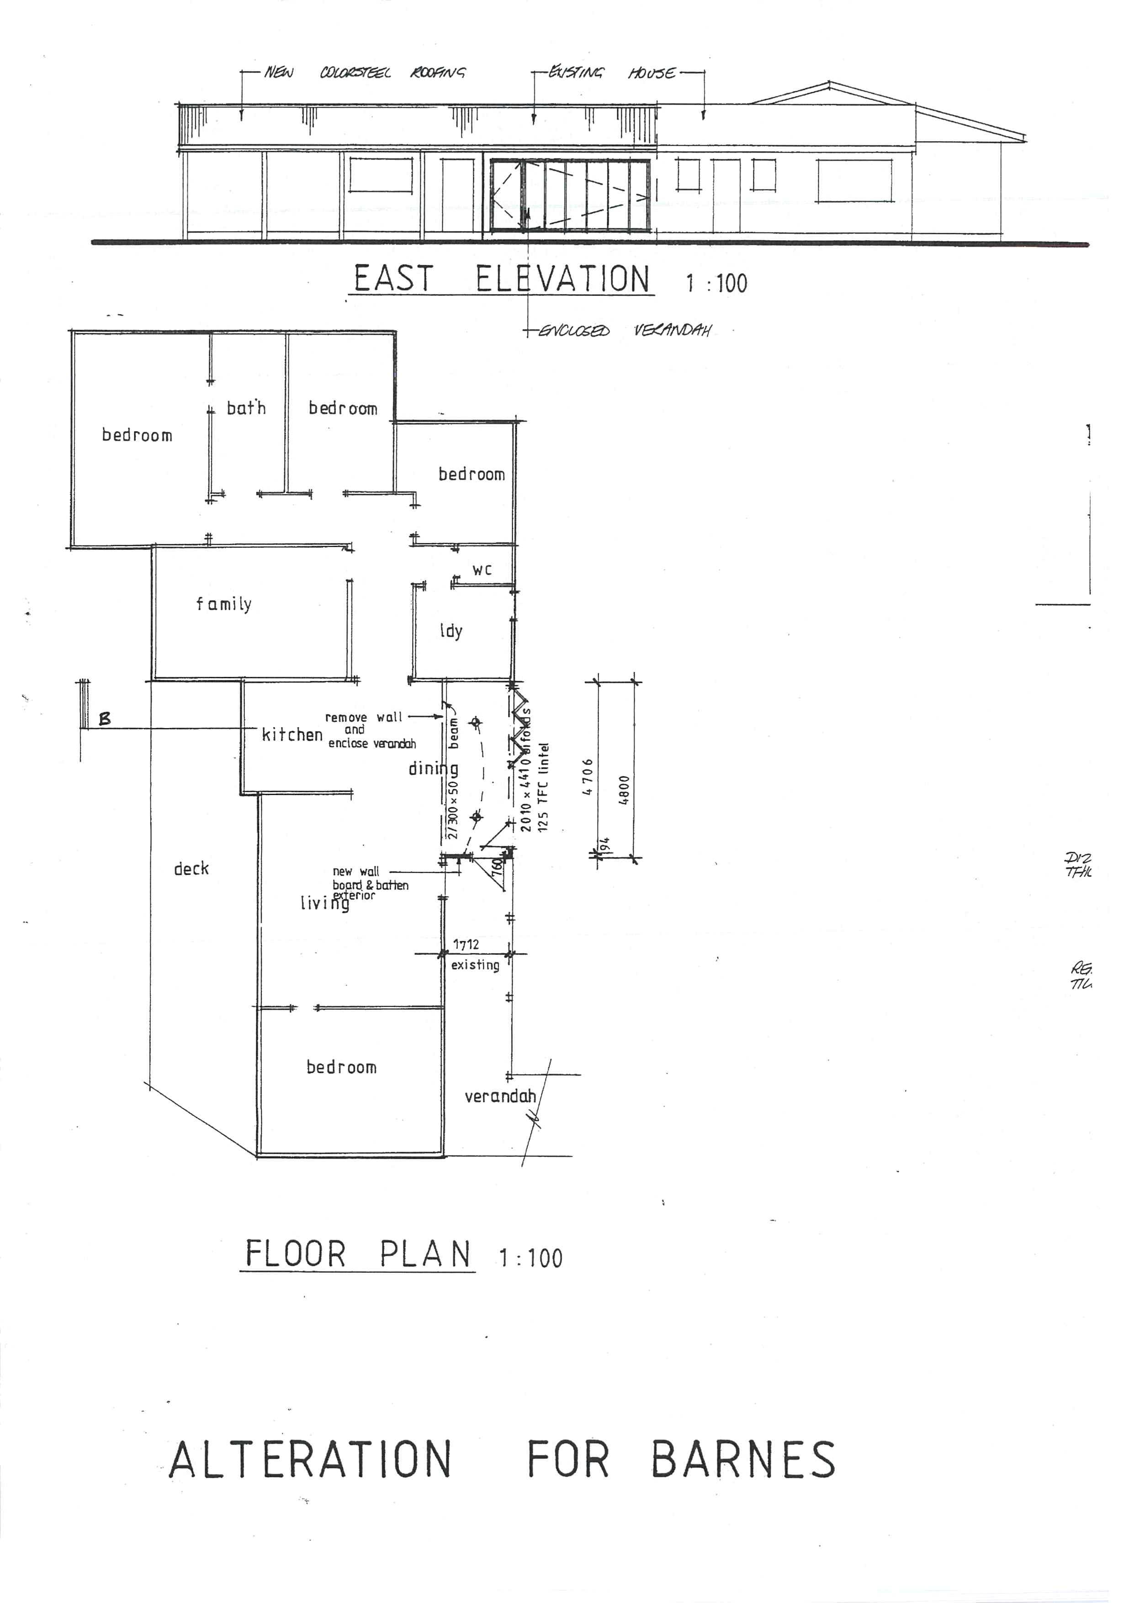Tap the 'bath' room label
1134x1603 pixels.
coord(246,408)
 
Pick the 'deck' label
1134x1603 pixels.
coord(191,869)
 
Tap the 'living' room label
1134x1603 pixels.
coord(325,903)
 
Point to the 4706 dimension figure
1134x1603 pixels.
coord(588,777)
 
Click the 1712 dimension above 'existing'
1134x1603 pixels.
coord(466,944)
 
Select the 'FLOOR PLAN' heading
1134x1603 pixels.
coord(358,1255)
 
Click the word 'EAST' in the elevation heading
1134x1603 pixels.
coord(394,279)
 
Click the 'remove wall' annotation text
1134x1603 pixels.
coord(363,717)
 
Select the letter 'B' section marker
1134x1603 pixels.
coord(105,718)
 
